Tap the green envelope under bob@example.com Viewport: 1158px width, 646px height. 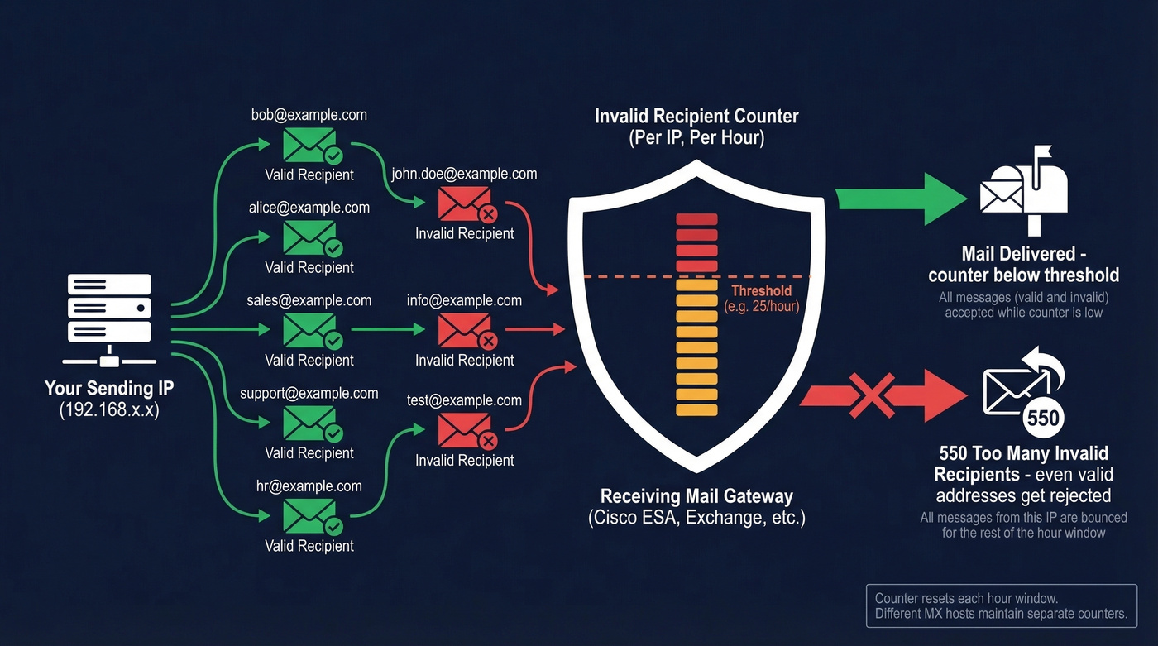309,145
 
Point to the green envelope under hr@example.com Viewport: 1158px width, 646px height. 309,516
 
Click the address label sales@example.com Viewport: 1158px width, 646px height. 309,300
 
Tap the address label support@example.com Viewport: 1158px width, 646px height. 309,394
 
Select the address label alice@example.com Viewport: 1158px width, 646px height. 309,208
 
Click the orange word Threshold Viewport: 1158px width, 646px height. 762,291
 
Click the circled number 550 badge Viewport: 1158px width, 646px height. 1042,418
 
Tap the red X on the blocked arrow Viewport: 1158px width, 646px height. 873,395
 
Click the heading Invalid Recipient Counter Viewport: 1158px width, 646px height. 696,116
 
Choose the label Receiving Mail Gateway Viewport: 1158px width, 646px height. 696,496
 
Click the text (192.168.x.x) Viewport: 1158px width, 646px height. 108,409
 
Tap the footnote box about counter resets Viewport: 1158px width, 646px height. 1001,605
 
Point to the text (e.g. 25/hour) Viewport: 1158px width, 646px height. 762,307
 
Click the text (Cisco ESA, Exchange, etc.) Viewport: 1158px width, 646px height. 696,519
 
